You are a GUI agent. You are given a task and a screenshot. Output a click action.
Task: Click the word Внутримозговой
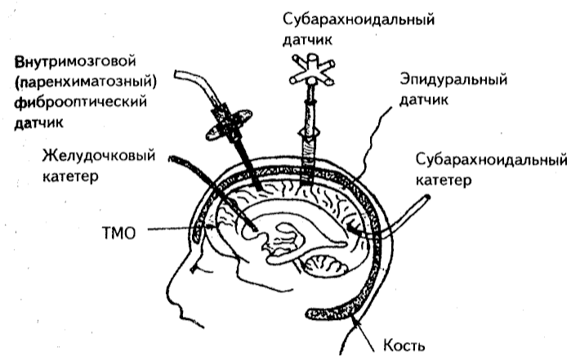pyautogui.click(x=74, y=62)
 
